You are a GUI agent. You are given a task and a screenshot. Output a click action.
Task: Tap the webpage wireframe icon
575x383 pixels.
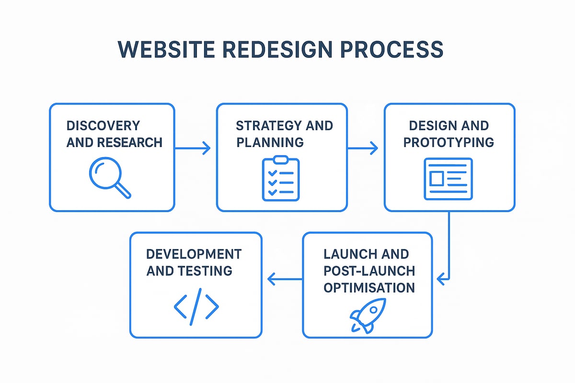click(x=448, y=179)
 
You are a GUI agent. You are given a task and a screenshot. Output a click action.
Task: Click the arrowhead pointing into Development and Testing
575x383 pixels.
click(x=271, y=279)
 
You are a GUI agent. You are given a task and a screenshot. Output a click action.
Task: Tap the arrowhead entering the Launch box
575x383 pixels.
click(x=442, y=277)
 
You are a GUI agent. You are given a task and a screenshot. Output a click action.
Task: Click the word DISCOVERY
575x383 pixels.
click(x=103, y=126)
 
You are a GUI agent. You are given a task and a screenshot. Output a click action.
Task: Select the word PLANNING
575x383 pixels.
click(x=269, y=142)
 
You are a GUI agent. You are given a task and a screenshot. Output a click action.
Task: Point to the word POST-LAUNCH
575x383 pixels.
click(x=369, y=270)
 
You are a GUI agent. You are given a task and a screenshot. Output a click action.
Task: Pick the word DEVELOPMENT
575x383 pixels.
click(x=194, y=254)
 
